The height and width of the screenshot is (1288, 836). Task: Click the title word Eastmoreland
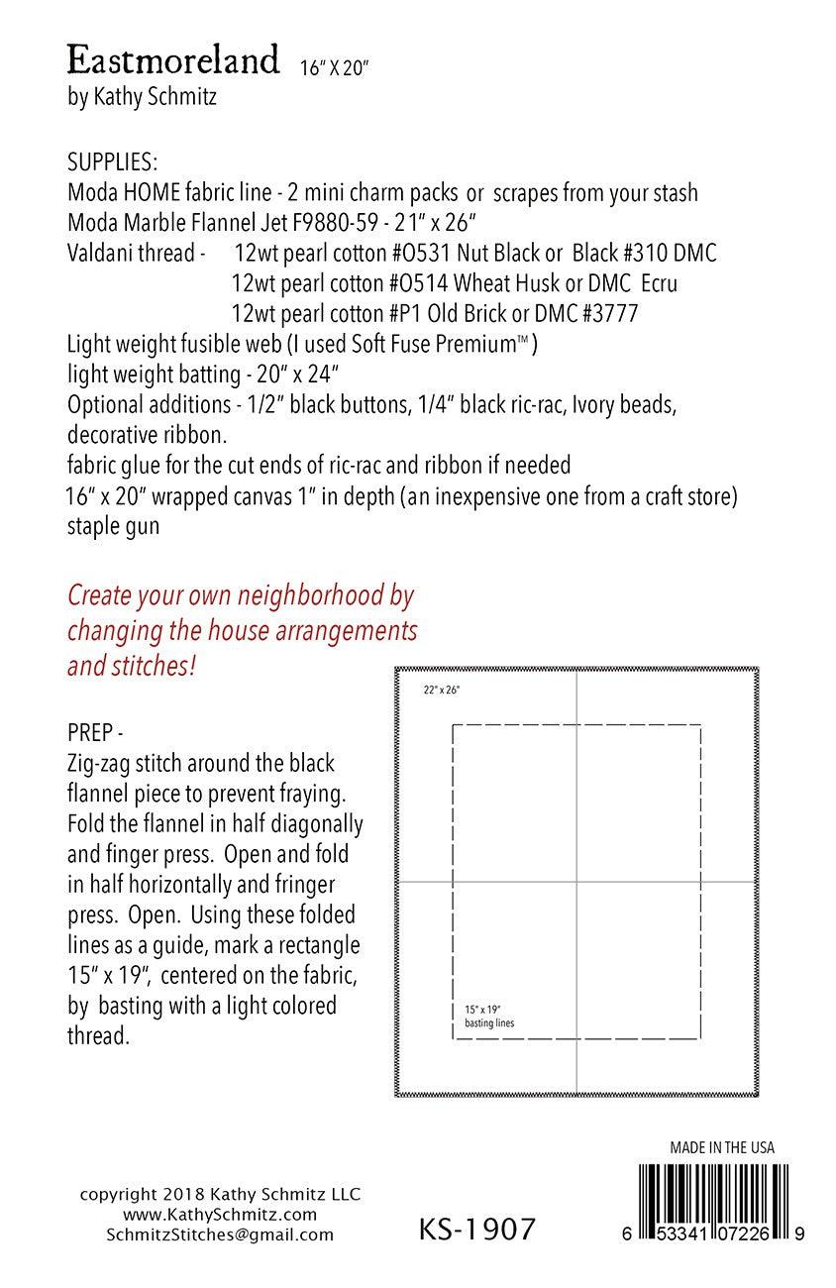[173, 61]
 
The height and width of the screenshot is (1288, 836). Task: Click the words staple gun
[112, 526]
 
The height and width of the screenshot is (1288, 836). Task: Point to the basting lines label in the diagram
[489, 1022]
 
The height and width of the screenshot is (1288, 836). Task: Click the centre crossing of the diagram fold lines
[576, 882]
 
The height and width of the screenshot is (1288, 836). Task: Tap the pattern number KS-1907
[477, 1230]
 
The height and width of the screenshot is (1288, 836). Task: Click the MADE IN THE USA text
[722, 1148]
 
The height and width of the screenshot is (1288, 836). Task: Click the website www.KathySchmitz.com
[220, 1215]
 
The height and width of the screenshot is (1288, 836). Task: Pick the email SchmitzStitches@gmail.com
[220, 1234]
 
